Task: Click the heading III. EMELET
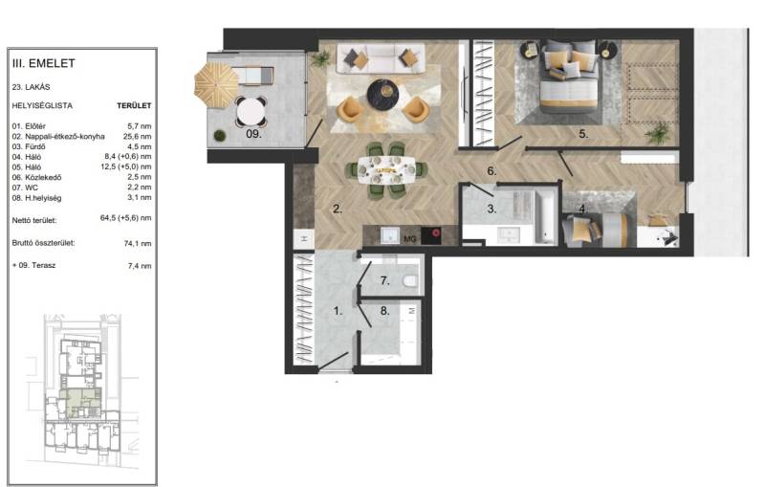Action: click(x=43, y=63)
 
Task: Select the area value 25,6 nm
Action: click(x=137, y=137)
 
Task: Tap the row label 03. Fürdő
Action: click(x=29, y=146)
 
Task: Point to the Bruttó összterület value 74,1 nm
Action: click(x=138, y=243)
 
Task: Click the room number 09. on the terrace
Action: click(x=253, y=133)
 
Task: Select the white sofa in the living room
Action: click(x=381, y=58)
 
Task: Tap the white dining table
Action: click(x=386, y=169)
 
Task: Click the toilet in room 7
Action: click(x=410, y=280)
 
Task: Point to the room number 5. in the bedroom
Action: click(x=583, y=134)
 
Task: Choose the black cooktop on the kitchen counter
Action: click(x=431, y=235)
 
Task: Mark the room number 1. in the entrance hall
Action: click(x=338, y=310)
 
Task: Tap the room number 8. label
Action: click(x=385, y=310)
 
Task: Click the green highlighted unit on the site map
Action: click(x=78, y=403)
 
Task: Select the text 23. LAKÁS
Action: click(x=31, y=87)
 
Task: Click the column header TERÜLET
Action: click(x=134, y=105)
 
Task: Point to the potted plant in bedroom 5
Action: click(x=658, y=132)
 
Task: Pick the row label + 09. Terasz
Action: click(x=33, y=265)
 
